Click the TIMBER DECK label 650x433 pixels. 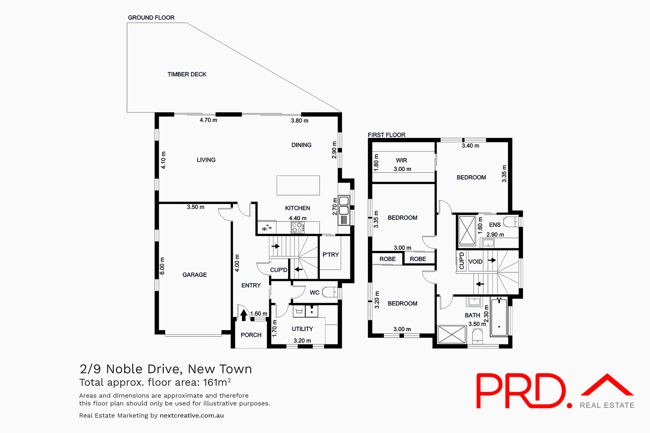click(187, 74)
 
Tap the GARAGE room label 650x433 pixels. click(194, 275)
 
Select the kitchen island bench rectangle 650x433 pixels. click(298, 185)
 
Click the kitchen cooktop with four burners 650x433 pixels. click(297, 228)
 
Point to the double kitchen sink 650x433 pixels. click(344, 206)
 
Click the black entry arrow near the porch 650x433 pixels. click(244, 315)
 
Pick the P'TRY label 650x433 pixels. click(330, 255)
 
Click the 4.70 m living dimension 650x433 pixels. click(208, 120)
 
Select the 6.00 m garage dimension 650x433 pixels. click(162, 266)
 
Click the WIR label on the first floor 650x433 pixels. click(402, 160)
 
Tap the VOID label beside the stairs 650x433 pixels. click(475, 261)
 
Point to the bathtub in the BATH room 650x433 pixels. click(499, 317)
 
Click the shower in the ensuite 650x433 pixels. click(467, 230)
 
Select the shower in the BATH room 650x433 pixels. click(452, 334)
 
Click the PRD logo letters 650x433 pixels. click(521, 391)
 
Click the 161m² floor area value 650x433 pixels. click(217, 382)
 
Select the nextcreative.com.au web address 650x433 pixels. click(192, 415)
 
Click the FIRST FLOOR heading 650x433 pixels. click(386, 135)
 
